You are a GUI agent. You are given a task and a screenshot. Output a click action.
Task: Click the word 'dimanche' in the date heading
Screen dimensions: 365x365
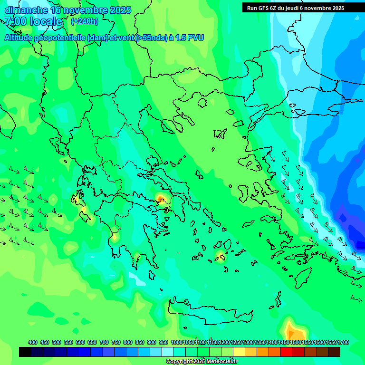coord(26,10)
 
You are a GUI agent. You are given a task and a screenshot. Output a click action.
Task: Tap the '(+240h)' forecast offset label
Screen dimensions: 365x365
coord(84,21)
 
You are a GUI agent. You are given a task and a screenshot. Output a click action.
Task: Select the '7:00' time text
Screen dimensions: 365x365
coord(16,21)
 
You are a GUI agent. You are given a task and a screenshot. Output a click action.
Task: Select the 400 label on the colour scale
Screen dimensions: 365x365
coord(32,342)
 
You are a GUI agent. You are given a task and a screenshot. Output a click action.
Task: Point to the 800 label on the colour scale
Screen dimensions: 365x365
coord(127,342)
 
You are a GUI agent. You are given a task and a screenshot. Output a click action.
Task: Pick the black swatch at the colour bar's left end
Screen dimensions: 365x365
coord(25,352)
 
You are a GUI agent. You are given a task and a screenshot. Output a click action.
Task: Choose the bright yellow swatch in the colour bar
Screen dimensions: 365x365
coord(239,352)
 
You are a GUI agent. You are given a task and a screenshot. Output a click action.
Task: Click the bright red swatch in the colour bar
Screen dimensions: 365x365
coord(287,352)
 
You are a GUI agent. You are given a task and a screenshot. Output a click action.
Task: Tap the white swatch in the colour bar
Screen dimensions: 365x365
coord(168,352)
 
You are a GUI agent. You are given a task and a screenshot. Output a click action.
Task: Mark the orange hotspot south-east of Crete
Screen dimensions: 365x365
coord(291,329)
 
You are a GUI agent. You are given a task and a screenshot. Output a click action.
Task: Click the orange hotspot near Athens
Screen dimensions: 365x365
coord(161,198)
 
